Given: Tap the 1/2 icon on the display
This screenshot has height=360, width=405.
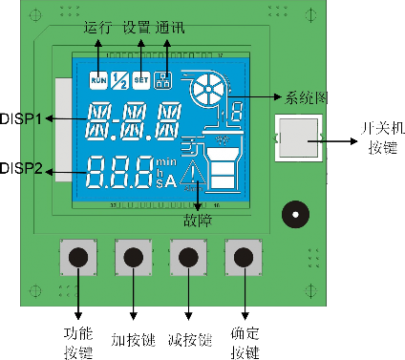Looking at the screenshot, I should coord(119,80).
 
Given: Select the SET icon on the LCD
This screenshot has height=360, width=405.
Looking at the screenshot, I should coord(141,80).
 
